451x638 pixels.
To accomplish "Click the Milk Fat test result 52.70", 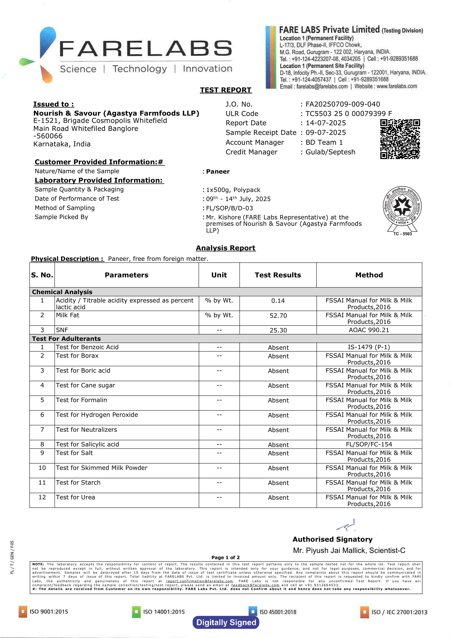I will (x=278, y=316).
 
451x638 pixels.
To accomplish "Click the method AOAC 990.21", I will (x=369, y=330).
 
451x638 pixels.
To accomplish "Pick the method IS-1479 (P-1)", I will (x=369, y=347).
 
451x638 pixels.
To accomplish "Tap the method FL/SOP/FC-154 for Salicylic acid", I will (x=369, y=444).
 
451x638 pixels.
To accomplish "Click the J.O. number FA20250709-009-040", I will (x=343, y=104).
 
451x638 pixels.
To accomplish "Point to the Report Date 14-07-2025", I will (x=326, y=123).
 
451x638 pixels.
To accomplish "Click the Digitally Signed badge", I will (x=226, y=622).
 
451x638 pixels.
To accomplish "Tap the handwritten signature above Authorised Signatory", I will (x=347, y=525).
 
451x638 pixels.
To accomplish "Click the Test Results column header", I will (x=278, y=275).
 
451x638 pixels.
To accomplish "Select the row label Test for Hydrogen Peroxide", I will (x=97, y=415).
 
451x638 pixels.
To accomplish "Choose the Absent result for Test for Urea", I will (x=278, y=498).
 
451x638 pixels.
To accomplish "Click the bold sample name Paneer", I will (x=218, y=171).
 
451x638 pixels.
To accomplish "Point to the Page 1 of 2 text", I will (x=225, y=557).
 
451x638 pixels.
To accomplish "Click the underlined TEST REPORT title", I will (x=225, y=90).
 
